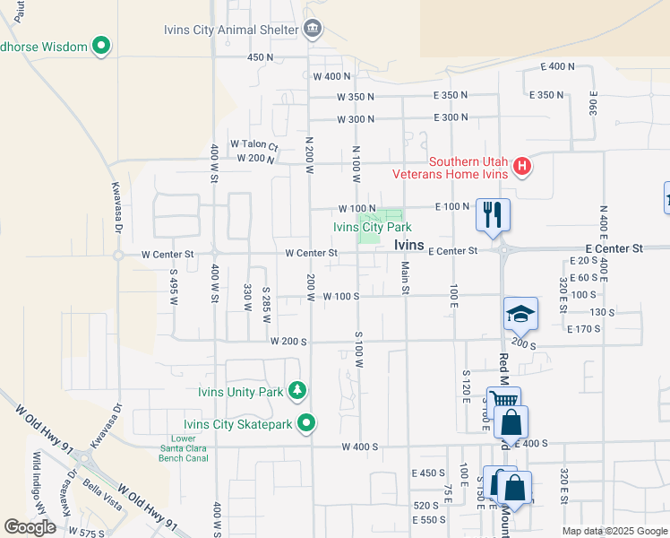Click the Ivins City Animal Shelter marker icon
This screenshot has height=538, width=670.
312,30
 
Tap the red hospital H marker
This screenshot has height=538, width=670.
521,167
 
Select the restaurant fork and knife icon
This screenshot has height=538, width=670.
492,214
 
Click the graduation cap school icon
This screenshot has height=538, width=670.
520,314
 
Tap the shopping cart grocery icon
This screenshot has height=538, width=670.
503,402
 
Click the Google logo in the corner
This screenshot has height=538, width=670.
30,527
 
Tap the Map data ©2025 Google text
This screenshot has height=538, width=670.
613,531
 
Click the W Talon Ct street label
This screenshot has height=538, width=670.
254,143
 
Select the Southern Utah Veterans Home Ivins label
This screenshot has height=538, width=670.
468,168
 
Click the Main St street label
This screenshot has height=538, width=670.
405,276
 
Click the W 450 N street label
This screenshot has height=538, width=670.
259,56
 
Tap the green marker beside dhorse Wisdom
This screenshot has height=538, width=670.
101,46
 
